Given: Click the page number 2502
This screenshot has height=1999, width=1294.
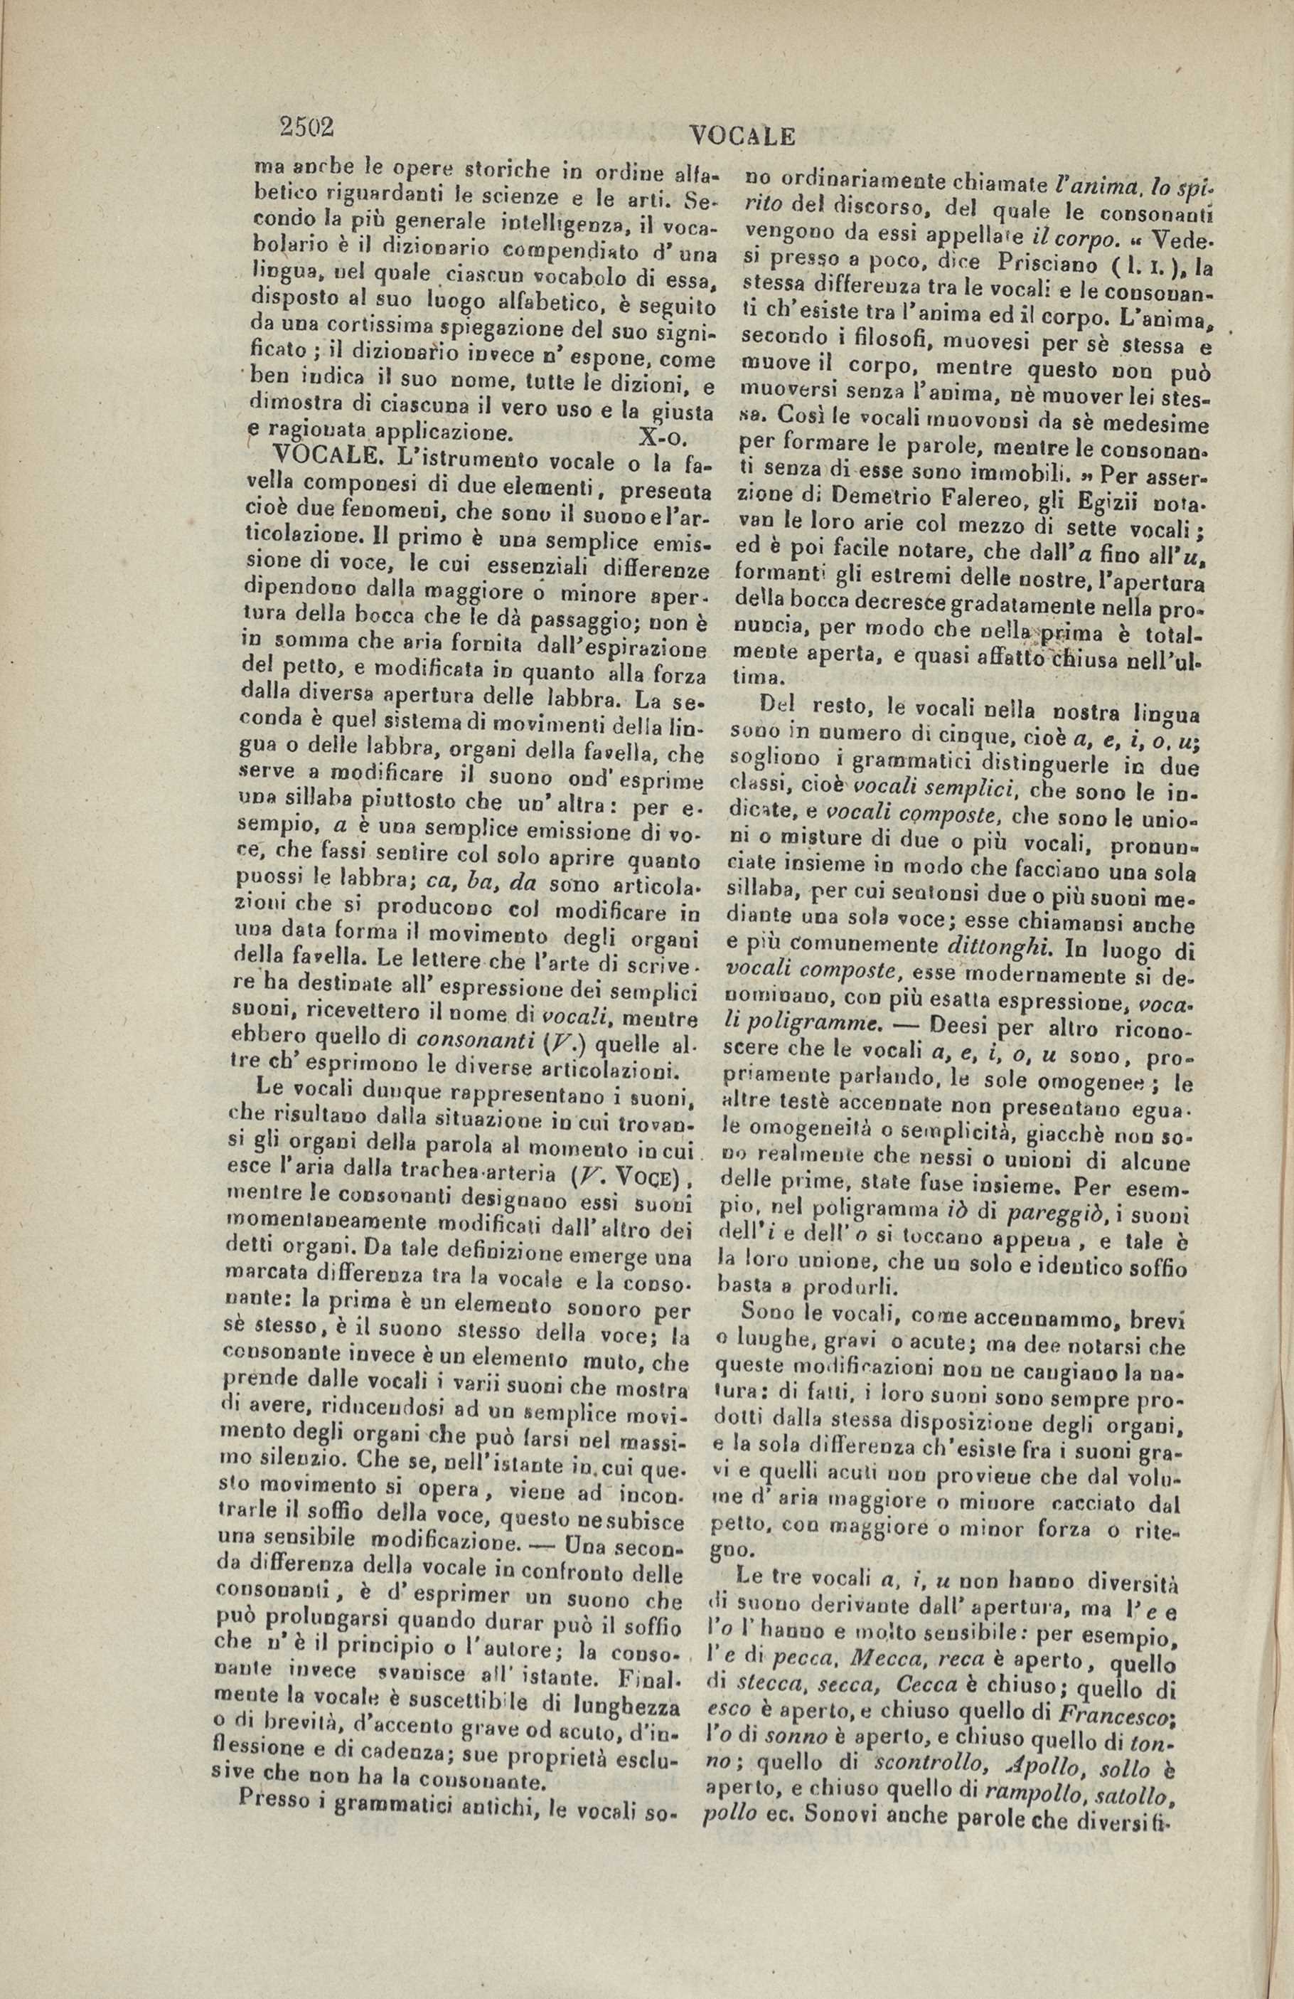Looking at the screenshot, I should coord(307,126).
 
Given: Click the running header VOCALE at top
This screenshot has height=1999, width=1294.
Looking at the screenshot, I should coord(742,135).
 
